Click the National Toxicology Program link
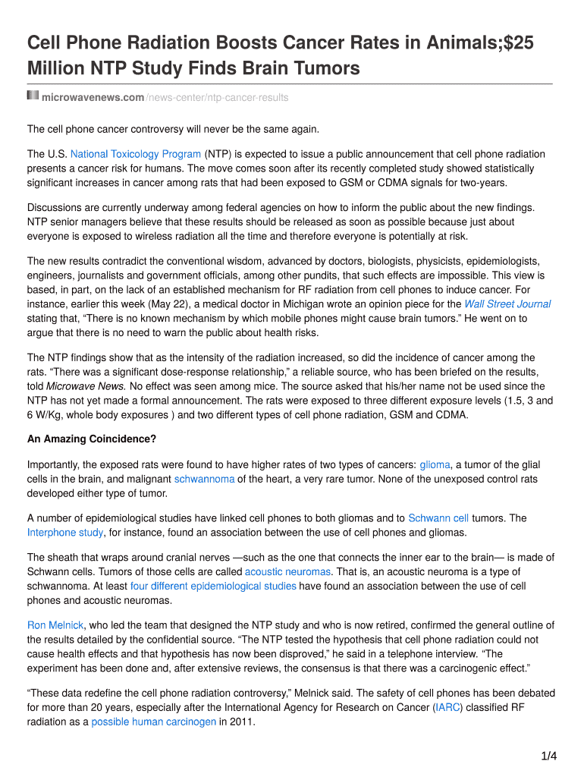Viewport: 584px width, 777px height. pos(136,154)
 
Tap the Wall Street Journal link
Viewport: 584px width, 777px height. pos(507,304)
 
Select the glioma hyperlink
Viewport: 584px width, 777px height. pos(435,465)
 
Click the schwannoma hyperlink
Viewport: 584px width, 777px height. pos(204,480)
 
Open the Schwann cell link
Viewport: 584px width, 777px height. pos(438,519)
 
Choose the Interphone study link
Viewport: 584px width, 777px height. pos(65,533)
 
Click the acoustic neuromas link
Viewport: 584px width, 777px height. pos(287,572)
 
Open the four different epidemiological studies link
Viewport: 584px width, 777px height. pos(213,587)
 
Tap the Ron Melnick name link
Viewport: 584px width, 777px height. pos(55,626)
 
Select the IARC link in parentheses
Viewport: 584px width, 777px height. pos(445,708)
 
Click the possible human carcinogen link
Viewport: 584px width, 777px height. pos(153,722)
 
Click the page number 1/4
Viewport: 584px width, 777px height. pos(549,756)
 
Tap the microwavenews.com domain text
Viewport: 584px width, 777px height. pos(93,98)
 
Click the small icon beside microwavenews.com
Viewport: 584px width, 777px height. pos(33,96)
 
